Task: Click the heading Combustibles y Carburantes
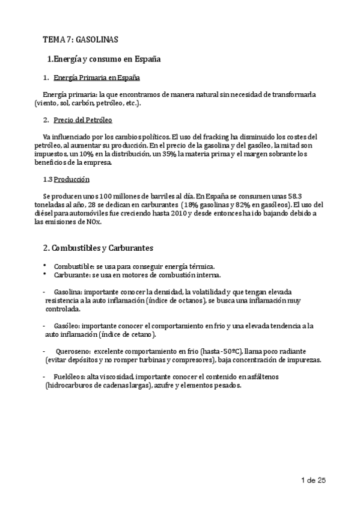tap(100, 248)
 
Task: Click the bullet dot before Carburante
tap(44, 274)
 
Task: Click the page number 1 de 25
tap(313, 481)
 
